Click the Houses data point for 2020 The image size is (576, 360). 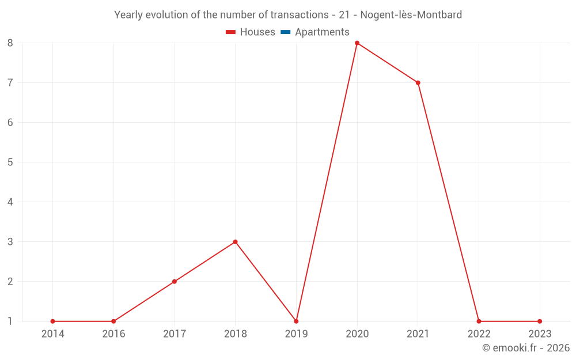[x=357, y=43]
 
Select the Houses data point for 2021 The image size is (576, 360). [x=418, y=82]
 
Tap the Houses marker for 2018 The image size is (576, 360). [x=235, y=242]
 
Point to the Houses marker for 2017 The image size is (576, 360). [x=175, y=282]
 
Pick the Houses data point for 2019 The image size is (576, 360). [x=296, y=321]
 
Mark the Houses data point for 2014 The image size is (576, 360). [x=52, y=321]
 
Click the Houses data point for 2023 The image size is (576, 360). [x=540, y=321]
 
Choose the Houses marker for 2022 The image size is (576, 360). [x=479, y=321]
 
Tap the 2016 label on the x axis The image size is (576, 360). [x=113, y=334]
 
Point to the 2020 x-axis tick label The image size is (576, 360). [x=357, y=334]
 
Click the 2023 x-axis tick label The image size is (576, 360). [x=540, y=334]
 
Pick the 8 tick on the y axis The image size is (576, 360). [x=10, y=43]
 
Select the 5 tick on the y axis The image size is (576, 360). [x=10, y=162]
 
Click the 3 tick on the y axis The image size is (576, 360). [x=10, y=242]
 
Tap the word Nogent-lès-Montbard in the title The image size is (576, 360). [x=411, y=15]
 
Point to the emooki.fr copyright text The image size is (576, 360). [x=526, y=348]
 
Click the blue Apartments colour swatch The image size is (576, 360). [x=285, y=32]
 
